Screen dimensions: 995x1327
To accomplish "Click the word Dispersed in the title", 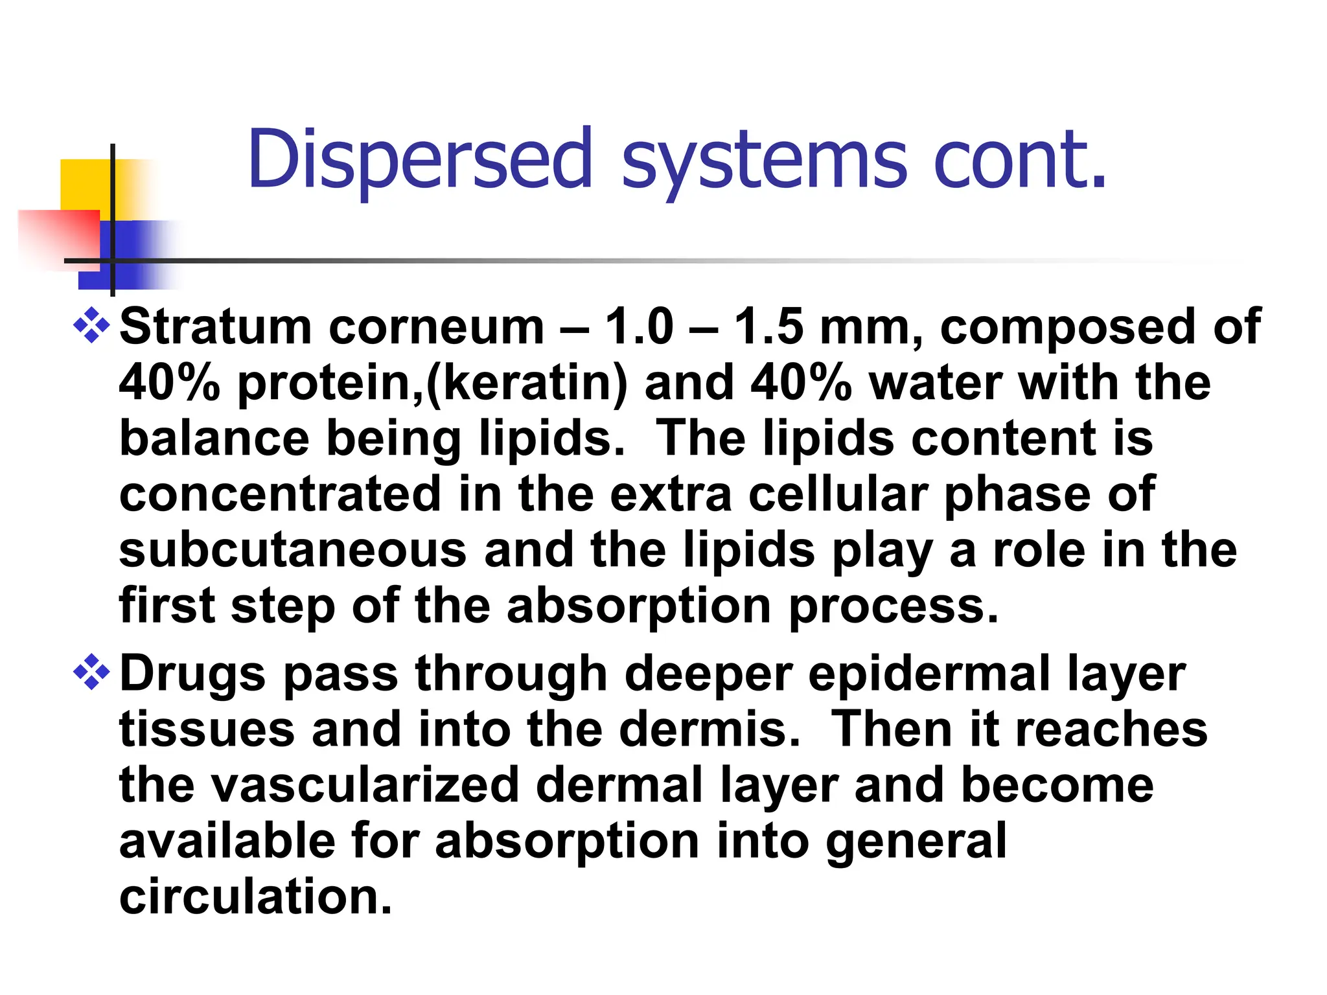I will (x=420, y=159).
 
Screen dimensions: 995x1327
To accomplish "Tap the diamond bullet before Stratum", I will (x=91, y=325).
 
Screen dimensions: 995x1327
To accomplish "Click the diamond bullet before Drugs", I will (x=91, y=672).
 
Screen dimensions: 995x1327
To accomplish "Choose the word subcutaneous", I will (x=293, y=551).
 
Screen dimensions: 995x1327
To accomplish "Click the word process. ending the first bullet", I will (x=894, y=608).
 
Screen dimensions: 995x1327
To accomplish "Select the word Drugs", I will (x=193, y=674).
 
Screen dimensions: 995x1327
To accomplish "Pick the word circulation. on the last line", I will (x=257, y=897).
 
